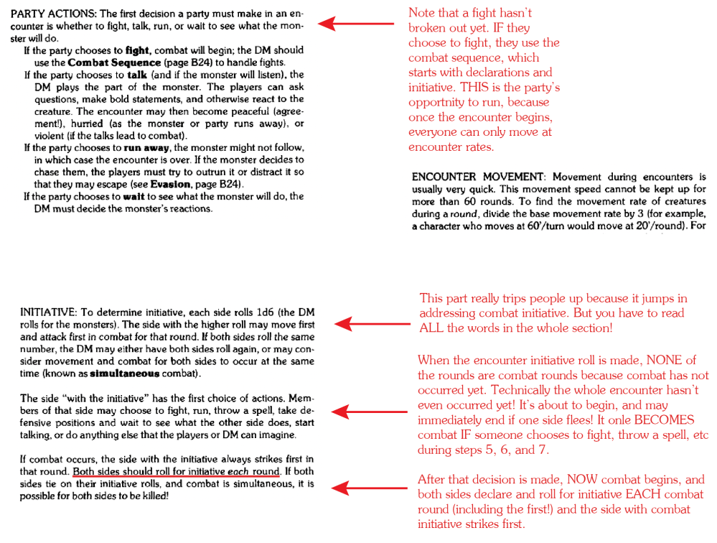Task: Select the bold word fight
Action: (137, 51)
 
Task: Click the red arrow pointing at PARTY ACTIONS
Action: (355, 24)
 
